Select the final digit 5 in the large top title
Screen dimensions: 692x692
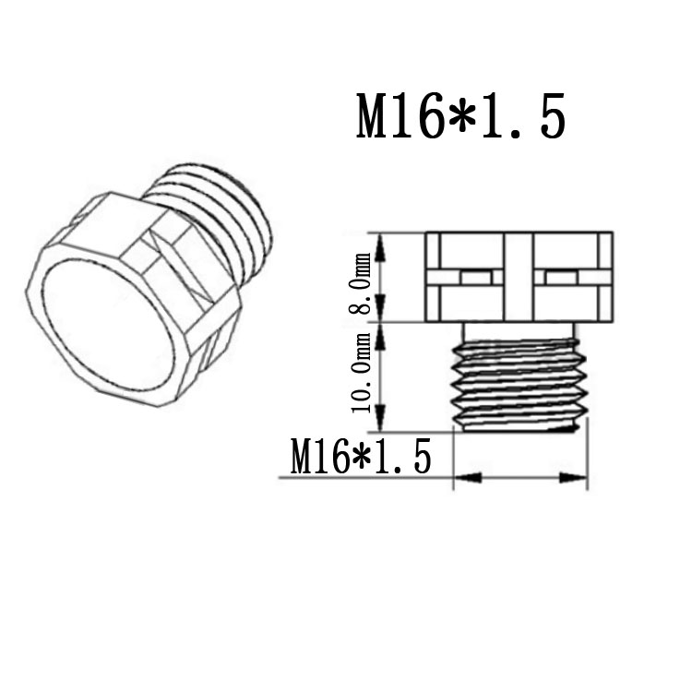pos(550,116)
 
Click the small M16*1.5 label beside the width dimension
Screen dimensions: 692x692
pos(360,457)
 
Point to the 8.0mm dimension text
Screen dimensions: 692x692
pos(360,282)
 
